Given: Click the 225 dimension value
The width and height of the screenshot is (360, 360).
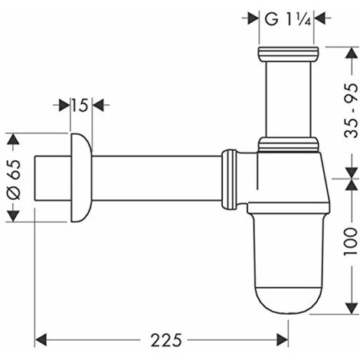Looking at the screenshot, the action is [166, 340].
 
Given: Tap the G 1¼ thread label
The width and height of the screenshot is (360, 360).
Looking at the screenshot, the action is [288, 19].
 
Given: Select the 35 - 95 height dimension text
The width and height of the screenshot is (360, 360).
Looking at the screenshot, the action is [352, 110].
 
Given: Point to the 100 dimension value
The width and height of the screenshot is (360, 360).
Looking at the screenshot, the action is [352, 241].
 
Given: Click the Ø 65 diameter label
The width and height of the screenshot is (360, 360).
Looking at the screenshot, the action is [13, 179].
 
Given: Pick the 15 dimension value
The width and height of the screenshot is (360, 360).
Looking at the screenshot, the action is [80, 105].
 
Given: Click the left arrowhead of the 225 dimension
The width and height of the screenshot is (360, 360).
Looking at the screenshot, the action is [41, 340].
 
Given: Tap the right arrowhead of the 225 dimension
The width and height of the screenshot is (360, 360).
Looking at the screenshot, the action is [282, 340].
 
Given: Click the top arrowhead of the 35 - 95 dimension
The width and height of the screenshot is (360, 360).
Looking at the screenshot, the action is [352, 53].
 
